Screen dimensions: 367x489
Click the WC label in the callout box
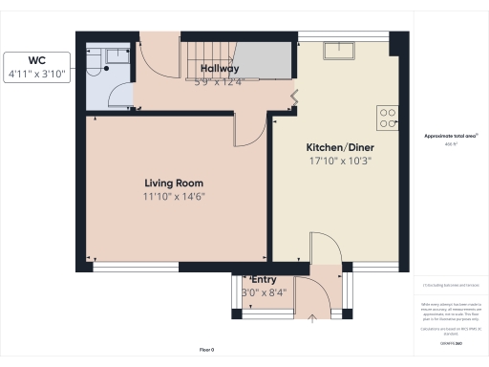point(36,58)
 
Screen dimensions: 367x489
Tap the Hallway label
point(219,69)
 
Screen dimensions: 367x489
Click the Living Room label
point(173,183)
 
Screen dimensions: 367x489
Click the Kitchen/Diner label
point(339,148)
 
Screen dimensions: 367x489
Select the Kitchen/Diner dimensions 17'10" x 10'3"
point(339,162)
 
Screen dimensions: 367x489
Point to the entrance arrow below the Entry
point(312,316)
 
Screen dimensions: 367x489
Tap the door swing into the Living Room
point(245,132)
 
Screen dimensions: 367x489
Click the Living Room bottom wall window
point(134,267)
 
